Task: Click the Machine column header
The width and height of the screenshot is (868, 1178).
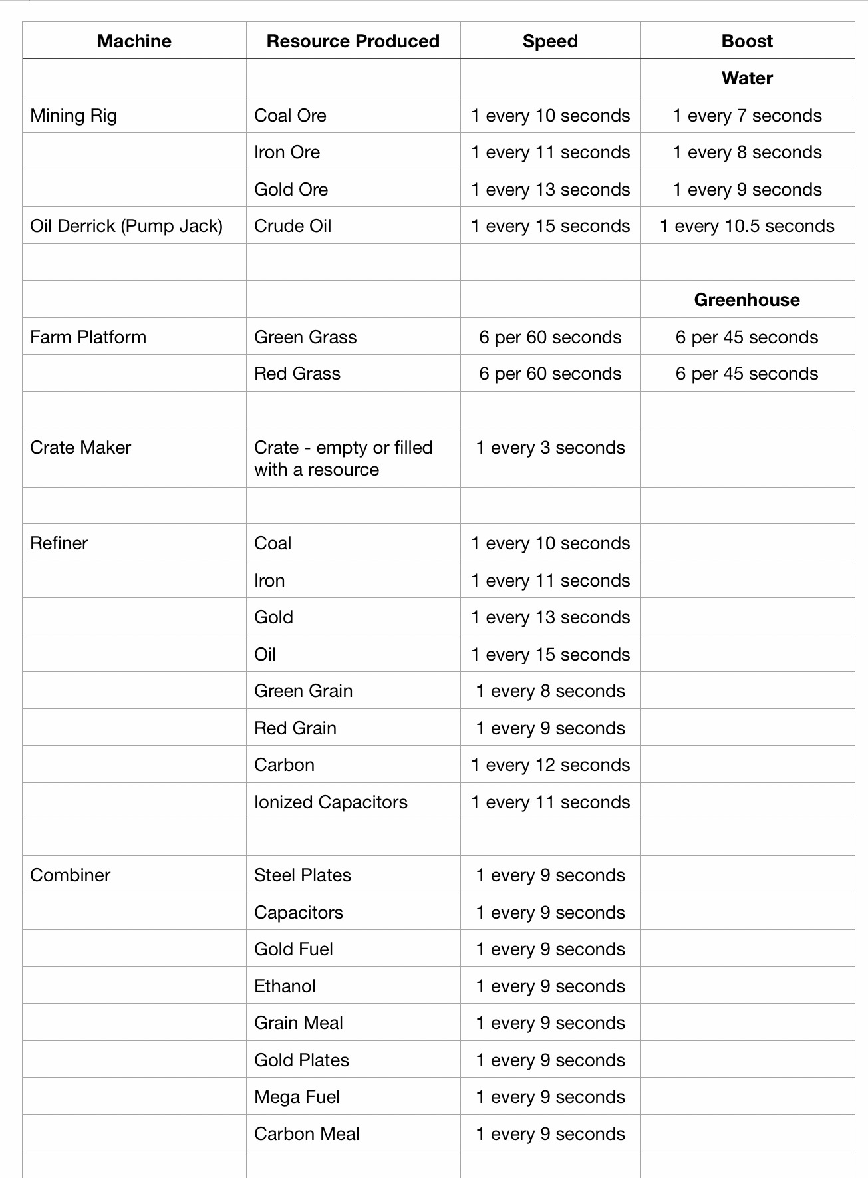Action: [x=134, y=41]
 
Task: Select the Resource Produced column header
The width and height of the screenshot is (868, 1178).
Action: [x=353, y=41]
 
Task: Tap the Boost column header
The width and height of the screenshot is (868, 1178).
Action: [x=747, y=41]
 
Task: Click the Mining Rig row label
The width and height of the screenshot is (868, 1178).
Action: [x=74, y=116]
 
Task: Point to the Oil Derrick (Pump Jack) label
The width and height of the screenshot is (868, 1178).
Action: [x=126, y=226]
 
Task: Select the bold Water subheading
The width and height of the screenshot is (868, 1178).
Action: [x=747, y=78]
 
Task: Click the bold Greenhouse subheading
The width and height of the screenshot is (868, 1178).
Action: [x=747, y=300]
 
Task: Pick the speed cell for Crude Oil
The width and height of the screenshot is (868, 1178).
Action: [x=550, y=226]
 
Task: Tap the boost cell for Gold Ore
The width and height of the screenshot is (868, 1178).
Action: [x=747, y=190]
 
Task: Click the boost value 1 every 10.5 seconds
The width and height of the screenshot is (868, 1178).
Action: [x=747, y=226]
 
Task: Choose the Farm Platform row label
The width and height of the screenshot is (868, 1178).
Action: [x=88, y=337]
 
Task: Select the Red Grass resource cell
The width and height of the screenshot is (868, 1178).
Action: [x=297, y=374]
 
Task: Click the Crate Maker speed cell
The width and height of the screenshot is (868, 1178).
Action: [x=550, y=448]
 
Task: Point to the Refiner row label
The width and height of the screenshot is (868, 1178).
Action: [x=59, y=543]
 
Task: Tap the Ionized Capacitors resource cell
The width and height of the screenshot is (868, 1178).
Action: [x=331, y=802]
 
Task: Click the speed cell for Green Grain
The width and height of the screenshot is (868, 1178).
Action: [x=550, y=691]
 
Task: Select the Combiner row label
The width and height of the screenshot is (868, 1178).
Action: [x=71, y=875]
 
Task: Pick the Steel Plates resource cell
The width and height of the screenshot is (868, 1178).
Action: [x=303, y=875]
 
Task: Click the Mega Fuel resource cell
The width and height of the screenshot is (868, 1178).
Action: [x=297, y=1097]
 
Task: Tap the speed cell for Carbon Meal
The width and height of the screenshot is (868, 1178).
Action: [x=550, y=1134]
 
